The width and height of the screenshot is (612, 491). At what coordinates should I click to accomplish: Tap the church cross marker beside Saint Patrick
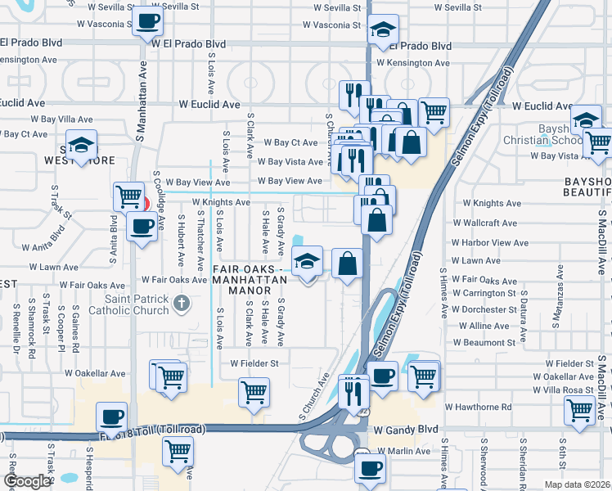[x=182, y=304]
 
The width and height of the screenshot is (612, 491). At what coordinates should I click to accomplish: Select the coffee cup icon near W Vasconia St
[x=146, y=20]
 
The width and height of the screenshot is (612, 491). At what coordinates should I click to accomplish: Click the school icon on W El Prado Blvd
[x=382, y=30]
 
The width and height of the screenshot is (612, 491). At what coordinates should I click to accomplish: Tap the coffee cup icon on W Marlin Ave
[x=370, y=469]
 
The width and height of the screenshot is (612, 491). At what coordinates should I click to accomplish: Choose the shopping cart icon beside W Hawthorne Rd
[x=579, y=408]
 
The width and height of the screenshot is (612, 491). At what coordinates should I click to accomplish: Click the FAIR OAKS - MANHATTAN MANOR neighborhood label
[x=250, y=274]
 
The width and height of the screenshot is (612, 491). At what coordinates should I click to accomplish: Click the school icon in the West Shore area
[x=81, y=145]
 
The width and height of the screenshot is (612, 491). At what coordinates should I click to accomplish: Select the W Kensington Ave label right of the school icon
[x=413, y=63]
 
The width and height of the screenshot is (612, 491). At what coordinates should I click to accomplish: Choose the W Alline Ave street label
[x=482, y=326]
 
